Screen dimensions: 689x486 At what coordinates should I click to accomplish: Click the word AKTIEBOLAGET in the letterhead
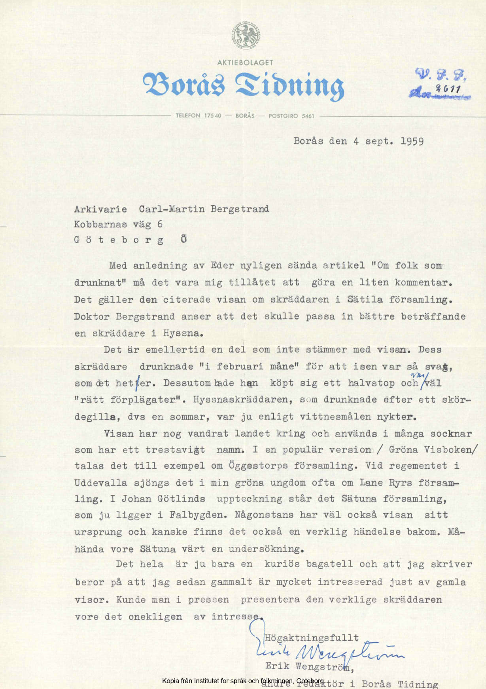point(245,62)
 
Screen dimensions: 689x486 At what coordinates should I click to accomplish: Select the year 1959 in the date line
point(412,141)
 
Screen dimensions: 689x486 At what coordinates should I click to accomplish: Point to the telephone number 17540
point(213,116)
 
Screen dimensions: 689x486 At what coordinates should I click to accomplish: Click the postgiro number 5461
point(308,116)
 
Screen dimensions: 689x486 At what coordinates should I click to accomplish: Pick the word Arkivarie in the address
point(100,209)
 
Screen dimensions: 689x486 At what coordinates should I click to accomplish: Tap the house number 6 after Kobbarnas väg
point(160,224)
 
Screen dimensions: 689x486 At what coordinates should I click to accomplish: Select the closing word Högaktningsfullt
point(312,638)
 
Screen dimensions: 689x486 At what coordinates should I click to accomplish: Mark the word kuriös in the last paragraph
point(282,564)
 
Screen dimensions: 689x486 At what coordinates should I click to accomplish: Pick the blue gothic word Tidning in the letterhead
point(289,85)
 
